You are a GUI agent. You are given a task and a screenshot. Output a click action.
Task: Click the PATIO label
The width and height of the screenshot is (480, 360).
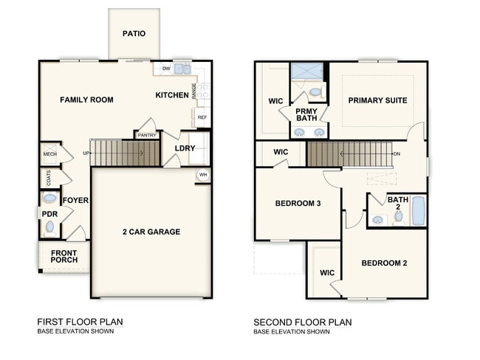134,34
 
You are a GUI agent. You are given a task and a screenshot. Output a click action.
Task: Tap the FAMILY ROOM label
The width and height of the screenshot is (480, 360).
86,100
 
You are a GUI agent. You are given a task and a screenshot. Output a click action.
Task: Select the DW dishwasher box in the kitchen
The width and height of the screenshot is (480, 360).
166,69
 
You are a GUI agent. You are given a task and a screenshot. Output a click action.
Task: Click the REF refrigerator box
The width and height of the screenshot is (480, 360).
202,117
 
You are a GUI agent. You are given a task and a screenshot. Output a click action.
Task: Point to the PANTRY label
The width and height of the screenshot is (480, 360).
146,135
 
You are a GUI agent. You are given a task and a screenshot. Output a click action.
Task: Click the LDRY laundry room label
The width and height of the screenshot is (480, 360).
185,148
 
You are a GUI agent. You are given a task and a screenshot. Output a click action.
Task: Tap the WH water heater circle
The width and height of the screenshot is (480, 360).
202,175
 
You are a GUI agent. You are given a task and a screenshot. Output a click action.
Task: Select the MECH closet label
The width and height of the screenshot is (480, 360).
49,154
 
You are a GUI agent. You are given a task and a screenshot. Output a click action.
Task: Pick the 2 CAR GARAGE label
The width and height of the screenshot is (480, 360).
151,232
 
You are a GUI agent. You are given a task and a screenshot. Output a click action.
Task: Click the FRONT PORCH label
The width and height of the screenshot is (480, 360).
64,257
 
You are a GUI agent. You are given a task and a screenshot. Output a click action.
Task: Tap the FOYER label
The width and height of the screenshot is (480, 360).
75,200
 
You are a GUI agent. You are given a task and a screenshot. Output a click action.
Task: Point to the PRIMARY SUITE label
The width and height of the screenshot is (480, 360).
377,100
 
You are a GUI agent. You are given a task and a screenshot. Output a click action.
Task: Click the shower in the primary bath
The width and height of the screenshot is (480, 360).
305,72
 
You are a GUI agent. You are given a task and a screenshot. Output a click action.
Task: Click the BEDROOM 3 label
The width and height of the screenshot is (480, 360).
297,204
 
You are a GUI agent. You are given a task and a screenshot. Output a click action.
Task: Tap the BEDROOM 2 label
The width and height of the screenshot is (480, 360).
384,263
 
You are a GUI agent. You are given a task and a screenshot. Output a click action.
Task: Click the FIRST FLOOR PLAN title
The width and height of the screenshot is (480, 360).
80,322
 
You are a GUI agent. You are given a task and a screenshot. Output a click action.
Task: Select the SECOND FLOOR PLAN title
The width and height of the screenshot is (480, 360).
302,322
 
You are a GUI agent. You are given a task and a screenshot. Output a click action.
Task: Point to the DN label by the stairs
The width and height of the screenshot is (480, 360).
397,154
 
